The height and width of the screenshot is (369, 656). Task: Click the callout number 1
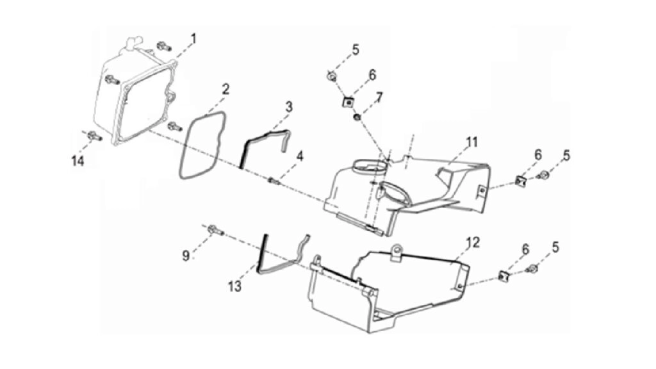193,39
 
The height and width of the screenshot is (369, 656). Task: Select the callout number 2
225,89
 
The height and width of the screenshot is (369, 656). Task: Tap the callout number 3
289,107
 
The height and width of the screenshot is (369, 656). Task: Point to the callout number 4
300,157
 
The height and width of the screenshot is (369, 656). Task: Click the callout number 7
379,98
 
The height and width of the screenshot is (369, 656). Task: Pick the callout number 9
186,255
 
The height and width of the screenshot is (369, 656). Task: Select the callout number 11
472,142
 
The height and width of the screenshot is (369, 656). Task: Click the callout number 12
473,242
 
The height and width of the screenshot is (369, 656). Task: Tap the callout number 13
234,286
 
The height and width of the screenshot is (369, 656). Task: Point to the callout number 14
78,161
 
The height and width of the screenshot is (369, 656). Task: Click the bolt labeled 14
95,136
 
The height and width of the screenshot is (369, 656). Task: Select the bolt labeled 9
215,229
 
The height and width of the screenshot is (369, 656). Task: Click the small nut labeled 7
357,117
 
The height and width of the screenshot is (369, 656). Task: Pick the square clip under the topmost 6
348,102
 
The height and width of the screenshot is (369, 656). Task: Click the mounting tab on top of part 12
395,251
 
